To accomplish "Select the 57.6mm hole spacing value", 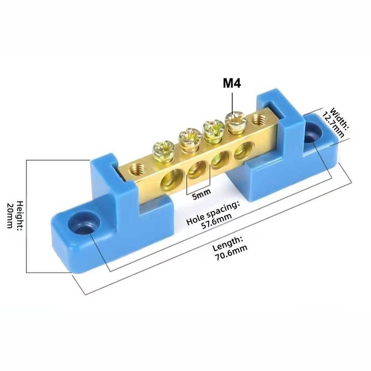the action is (x=217, y=220).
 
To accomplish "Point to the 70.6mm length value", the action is (x=231, y=253).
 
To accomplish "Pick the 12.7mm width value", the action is (x=333, y=125).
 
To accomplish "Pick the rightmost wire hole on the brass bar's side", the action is (x=243, y=151).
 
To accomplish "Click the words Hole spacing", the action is (x=212, y=213).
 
